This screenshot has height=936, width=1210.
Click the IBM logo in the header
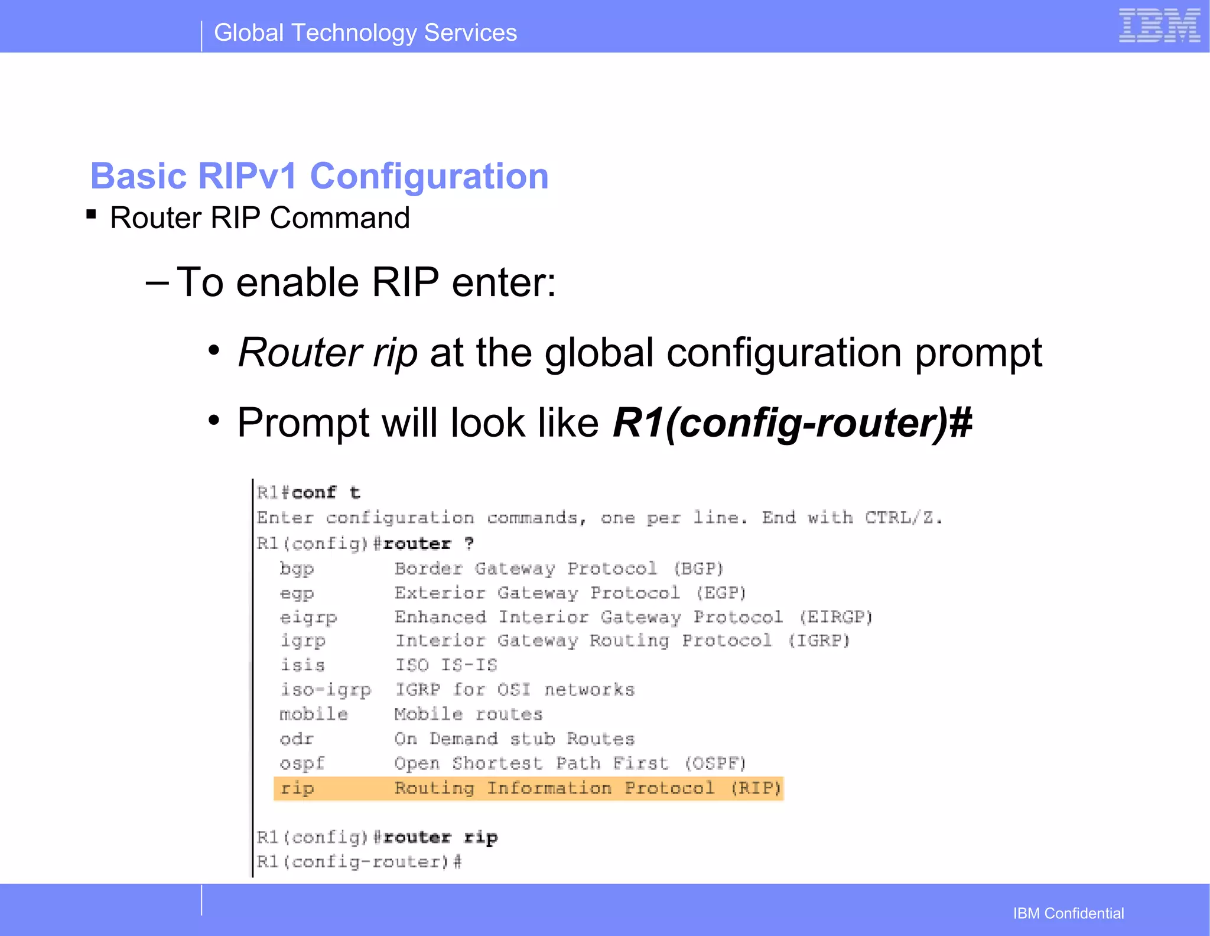click(1159, 26)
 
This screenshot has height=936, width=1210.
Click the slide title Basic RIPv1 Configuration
click(319, 176)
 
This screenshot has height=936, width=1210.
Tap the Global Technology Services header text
click(365, 33)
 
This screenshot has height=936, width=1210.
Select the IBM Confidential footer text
click(1068, 913)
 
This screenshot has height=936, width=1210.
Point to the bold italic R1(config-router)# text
click(792, 423)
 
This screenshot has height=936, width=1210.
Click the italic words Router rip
click(328, 353)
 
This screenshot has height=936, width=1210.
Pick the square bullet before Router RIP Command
click(91, 214)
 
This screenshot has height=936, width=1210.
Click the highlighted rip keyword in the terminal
click(297, 788)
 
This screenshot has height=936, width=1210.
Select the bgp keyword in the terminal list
click(297, 569)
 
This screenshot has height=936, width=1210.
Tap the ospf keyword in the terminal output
click(302, 763)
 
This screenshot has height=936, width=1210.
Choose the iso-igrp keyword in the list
click(326, 690)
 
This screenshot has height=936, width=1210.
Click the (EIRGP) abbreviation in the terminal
click(835, 617)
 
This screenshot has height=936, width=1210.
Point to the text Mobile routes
click(468, 714)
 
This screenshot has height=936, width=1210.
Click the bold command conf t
click(326, 493)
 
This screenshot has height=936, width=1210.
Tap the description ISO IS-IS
click(446, 665)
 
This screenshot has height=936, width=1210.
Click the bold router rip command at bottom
click(440, 837)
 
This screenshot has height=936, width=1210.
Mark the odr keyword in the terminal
click(297, 739)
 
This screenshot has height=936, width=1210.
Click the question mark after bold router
click(469, 544)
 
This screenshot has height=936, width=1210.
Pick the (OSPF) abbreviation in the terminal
click(715, 763)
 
